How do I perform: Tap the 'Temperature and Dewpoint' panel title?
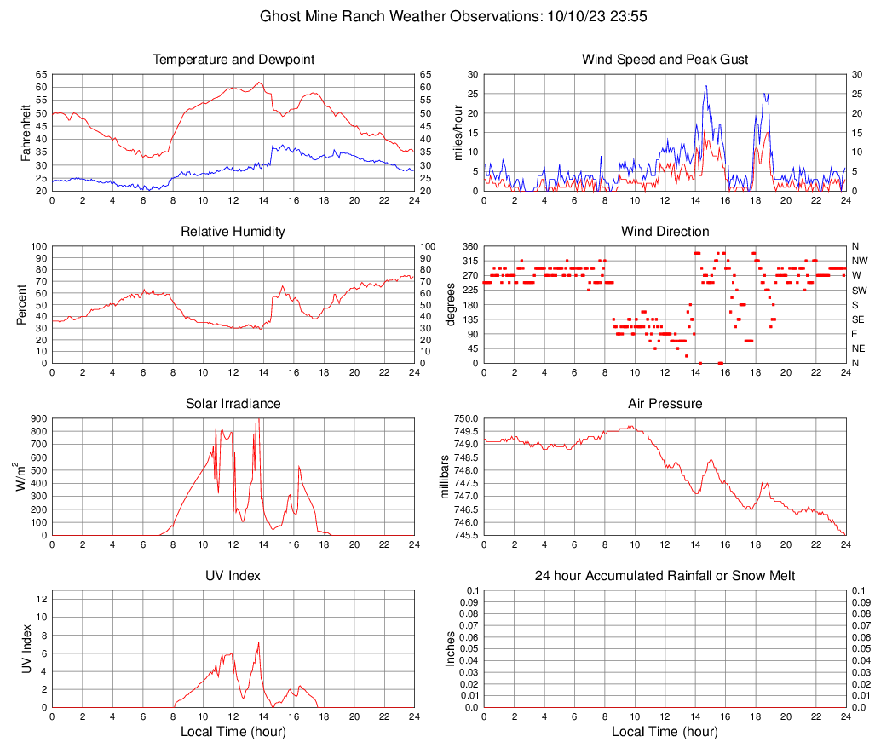pyautogui.click(x=233, y=60)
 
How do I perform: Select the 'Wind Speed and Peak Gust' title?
pyautogui.click(x=665, y=60)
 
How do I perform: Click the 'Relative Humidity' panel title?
pyautogui.click(x=233, y=232)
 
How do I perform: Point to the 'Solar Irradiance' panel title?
pyautogui.click(x=233, y=404)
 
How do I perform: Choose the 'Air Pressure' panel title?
pyautogui.click(x=665, y=404)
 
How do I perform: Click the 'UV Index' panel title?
pyautogui.click(x=233, y=576)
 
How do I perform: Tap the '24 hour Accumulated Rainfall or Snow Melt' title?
pyautogui.click(x=665, y=576)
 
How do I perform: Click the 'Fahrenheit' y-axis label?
pyautogui.click(x=25, y=133)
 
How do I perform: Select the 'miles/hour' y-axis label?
pyautogui.click(x=458, y=133)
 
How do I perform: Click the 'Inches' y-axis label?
pyautogui.click(x=452, y=648)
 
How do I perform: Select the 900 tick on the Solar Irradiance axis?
pyautogui.click(x=39, y=418)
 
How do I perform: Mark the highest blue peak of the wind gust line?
pyautogui.click(x=705, y=86)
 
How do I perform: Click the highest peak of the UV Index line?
pyautogui.click(x=258, y=642)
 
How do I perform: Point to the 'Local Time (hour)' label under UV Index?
pyautogui.click(x=233, y=732)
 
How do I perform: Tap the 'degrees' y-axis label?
pyautogui.click(x=452, y=305)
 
